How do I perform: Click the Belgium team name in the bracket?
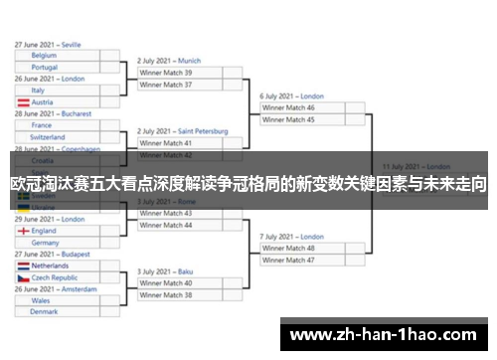pos(45,56)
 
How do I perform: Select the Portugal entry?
pos(46,67)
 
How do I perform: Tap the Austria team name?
pos(43,101)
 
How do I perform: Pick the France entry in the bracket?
pos(42,125)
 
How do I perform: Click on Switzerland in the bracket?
pos(49,137)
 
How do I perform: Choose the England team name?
pos(46,231)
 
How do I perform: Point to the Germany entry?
pos(46,243)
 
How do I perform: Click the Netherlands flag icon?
pos(22,267)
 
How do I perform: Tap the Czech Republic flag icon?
pos(22,277)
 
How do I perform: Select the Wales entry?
pos(41,300)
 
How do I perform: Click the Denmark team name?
pos(45,311)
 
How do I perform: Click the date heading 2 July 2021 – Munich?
pos(169,61)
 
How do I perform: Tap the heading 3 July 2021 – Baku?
pos(164,271)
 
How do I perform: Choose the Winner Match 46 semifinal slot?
pos(288,107)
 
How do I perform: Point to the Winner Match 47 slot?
pos(288,260)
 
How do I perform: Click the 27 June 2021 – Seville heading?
pos(49,45)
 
